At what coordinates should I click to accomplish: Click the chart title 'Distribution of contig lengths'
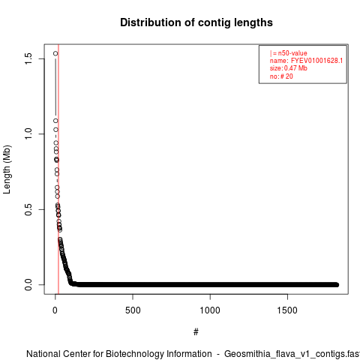click(196, 22)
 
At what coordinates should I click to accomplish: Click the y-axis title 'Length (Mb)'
click(7, 169)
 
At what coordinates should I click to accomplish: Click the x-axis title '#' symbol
click(196, 332)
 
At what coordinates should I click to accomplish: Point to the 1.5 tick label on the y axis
click(28, 58)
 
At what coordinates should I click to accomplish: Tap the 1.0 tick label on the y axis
click(28, 134)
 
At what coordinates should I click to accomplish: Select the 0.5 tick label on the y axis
click(28, 209)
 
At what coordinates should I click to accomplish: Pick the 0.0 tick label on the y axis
click(28, 285)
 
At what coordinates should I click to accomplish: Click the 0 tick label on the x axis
click(55, 310)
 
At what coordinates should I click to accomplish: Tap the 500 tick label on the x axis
click(133, 310)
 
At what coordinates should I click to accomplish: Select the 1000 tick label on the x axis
click(210, 310)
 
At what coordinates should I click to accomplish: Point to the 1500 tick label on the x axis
click(287, 310)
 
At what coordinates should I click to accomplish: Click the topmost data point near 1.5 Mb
click(55, 53)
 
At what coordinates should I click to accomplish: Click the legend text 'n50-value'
click(292, 53)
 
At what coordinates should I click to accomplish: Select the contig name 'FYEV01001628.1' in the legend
click(316, 61)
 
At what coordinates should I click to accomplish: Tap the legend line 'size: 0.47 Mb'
click(289, 68)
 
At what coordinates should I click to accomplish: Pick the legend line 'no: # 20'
click(281, 76)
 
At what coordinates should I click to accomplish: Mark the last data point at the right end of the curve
click(337, 285)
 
